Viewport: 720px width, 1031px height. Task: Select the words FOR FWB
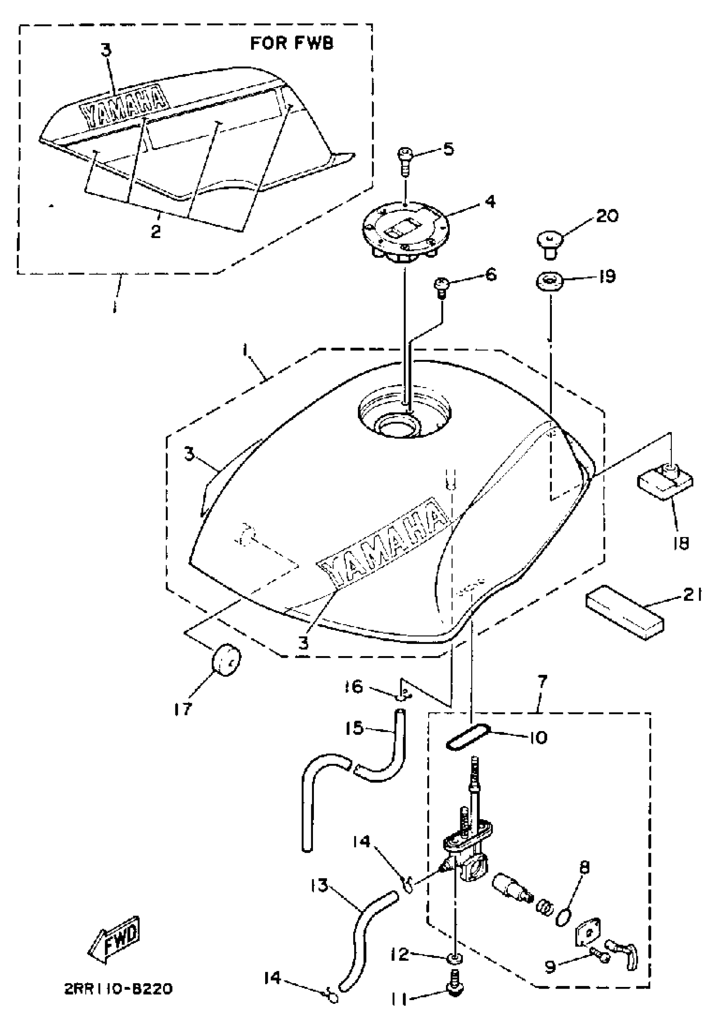tap(292, 44)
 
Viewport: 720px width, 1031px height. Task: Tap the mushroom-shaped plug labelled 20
tap(548, 242)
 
